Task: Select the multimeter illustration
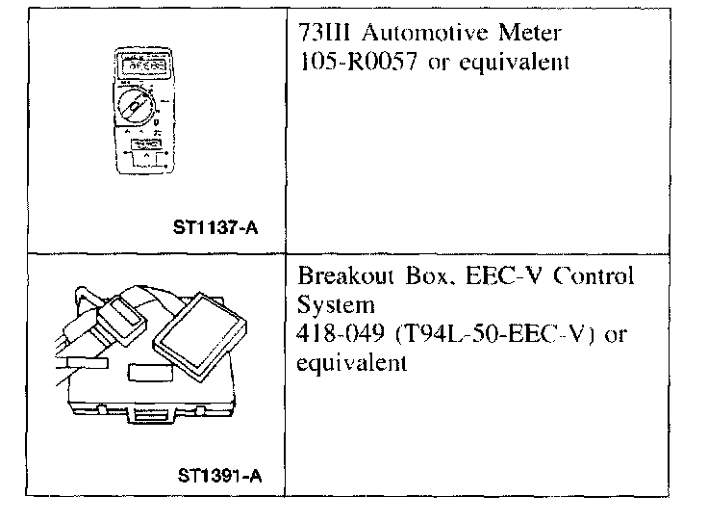coord(142,111)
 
